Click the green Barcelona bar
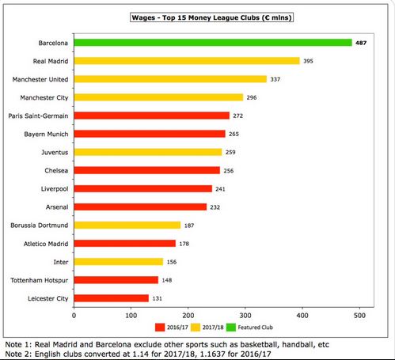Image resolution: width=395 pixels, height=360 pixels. coord(213,43)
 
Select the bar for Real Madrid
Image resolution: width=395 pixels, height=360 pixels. coord(187,61)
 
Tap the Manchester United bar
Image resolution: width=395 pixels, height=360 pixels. coord(170,79)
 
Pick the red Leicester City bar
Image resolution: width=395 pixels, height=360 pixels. coord(112,298)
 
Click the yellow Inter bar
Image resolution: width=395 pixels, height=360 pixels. coord(119,262)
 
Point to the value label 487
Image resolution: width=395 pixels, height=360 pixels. coord(361,43)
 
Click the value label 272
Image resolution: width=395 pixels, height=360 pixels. coord(237,116)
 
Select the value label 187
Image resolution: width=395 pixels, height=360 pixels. coord(189,225)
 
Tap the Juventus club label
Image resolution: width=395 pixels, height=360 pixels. coord(55,153)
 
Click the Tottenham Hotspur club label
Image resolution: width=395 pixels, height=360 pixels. coord(39,280)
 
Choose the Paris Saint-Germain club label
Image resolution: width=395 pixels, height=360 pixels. coord(38,116)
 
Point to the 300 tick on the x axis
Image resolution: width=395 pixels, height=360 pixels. coord(245,316)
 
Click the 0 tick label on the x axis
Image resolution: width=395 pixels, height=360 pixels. coord(74,316)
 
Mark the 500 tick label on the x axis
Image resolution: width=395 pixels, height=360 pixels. coord(359,316)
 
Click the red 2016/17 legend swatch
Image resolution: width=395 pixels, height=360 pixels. coord(160,328)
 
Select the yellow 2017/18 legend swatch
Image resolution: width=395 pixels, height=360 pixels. coord(196,328)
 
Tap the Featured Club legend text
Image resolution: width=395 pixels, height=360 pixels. coord(255,328)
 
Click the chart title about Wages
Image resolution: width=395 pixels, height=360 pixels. coord(211,17)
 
